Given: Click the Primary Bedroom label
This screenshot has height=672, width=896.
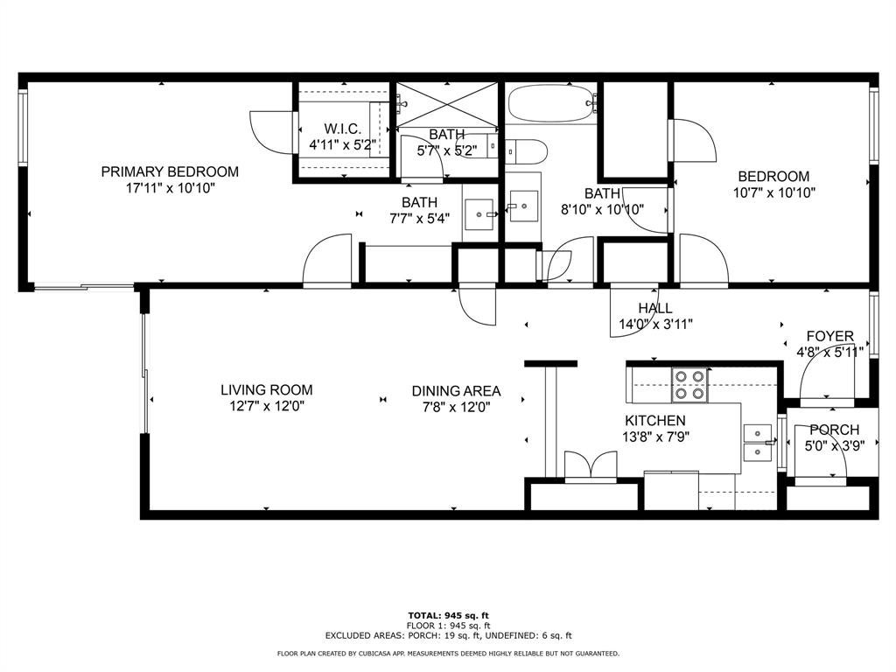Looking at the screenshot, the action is [x=170, y=171].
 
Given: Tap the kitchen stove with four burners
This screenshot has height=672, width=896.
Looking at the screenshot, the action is [x=689, y=385].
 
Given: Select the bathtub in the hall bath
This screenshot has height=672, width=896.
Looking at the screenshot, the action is [x=551, y=103].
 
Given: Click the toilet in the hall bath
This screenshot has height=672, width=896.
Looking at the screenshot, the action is [x=526, y=150].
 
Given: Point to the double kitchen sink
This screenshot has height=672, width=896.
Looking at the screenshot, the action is [x=758, y=442].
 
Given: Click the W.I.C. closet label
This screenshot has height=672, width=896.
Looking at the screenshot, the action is [x=342, y=129].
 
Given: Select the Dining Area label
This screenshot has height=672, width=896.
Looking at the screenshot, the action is [x=456, y=391].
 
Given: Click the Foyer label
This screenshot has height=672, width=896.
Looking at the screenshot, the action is [x=829, y=336].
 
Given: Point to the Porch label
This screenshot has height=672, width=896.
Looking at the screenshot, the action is [x=834, y=429].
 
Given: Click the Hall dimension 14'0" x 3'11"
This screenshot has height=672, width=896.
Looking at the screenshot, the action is [x=655, y=325].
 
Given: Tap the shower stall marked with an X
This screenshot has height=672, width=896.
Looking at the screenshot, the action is [x=447, y=105].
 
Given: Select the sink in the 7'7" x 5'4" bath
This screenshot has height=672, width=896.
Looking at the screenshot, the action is [x=479, y=214].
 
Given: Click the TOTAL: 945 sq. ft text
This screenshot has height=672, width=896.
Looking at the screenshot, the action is [x=448, y=615].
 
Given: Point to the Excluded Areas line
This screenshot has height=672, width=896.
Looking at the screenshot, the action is [x=448, y=635].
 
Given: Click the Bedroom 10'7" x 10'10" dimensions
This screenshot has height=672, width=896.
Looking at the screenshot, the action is [x=773, y=193].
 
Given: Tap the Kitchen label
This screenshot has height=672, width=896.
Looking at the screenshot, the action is [x=654, y=421].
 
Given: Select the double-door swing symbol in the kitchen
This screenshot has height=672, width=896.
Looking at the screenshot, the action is [x=591, y=466].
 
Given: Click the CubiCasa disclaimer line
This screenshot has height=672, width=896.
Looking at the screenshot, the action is [x=448, y=653].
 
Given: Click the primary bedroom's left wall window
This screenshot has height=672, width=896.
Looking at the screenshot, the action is [x=23, y=128].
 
